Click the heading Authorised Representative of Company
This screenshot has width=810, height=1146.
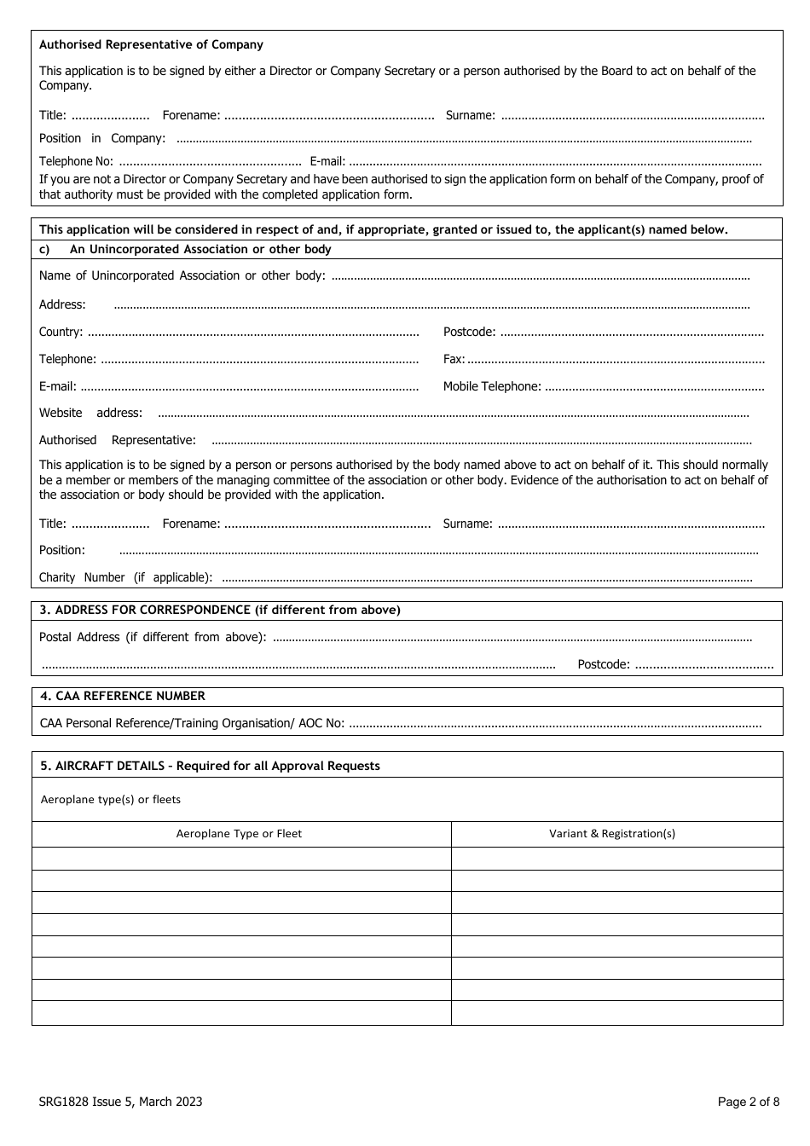pos(151,44)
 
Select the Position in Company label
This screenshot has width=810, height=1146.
pos(102,138)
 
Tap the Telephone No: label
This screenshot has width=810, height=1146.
pos(76,161)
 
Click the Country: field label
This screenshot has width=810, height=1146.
pos(61,332)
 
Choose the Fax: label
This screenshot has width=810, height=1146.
pos(454,359)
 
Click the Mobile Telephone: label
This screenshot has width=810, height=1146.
pos(491,386)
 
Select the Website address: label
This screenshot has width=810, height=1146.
pos(90,413)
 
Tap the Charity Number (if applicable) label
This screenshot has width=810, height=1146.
pos(125,577)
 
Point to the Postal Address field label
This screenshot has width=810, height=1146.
pos(153,637)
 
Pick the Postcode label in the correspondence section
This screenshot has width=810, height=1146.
pos(604,664)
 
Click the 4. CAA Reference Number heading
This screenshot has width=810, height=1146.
pos(123,696)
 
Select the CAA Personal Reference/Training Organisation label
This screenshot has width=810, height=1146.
pos(192,723)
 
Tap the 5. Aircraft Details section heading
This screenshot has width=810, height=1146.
pos(210,766)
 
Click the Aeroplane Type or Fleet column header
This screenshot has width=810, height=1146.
pos(239,834)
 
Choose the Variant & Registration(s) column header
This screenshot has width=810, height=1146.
pos(612,834)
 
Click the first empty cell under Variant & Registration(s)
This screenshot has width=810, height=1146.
pos(616,859)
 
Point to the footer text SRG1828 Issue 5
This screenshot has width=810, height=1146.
pos(120,1102)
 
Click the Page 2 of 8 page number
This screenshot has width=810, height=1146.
pos(748,1102)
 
